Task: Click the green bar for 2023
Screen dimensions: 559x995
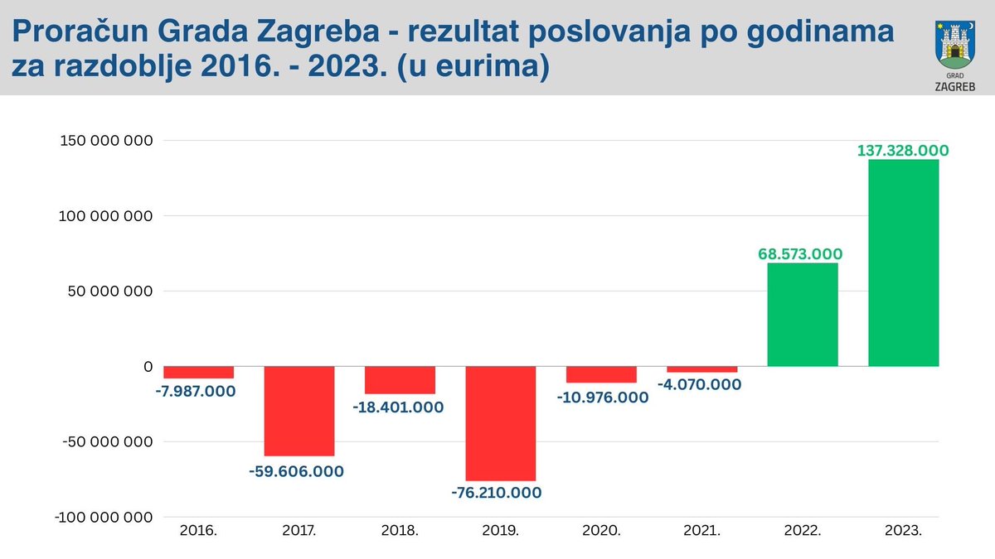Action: pos(903,263)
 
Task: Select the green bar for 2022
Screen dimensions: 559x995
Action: pos(803,315)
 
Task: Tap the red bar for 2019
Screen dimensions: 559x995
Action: pos(501,423)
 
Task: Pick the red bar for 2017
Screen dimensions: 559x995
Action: pos(299,411)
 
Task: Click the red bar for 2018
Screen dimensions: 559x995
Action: pos(400,380)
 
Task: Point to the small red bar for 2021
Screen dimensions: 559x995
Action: pos(701,369)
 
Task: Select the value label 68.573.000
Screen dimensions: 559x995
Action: pos(800,253)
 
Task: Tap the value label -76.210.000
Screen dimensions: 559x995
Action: pos(497,493)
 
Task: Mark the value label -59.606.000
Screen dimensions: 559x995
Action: pos(296,471)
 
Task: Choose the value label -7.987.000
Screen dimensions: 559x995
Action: pos(195,390)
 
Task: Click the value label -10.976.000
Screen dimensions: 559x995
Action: pos(604,397)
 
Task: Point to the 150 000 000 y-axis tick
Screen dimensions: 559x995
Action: pos(107,140)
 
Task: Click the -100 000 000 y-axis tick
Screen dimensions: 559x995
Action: pos(104,517)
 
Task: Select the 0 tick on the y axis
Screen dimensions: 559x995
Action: pos(148,366)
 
